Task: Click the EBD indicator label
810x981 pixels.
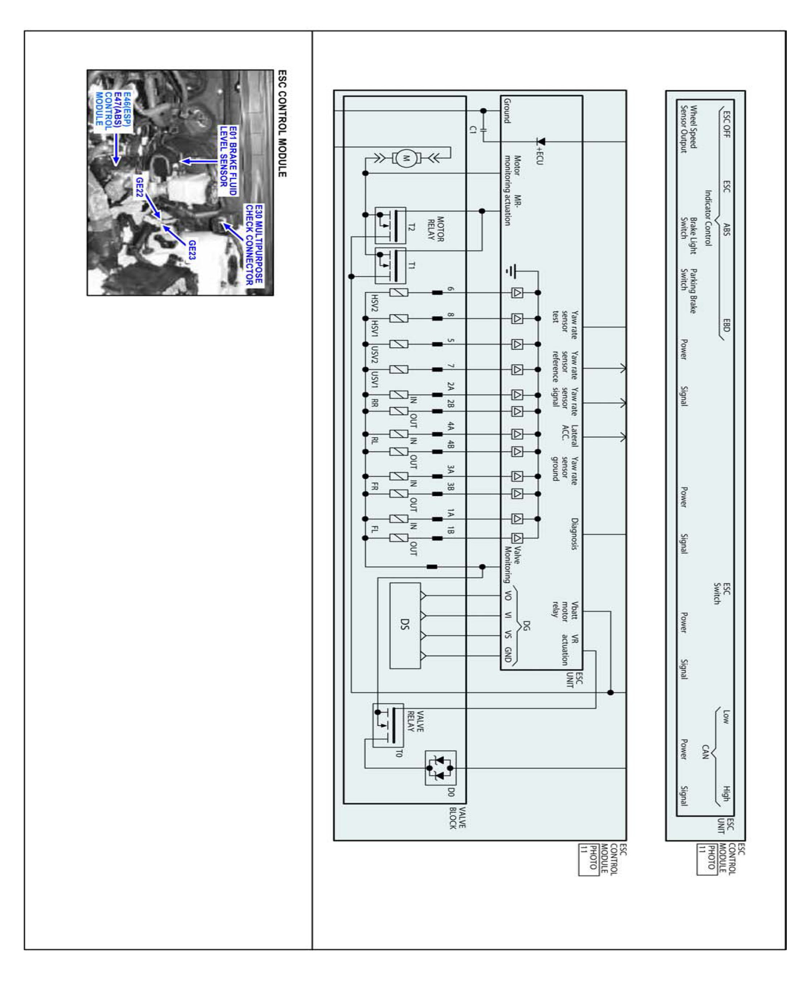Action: pos(725,325)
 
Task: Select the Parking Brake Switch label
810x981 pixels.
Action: pos(688,290)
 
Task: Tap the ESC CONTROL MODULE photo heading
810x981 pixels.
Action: pos(282,124)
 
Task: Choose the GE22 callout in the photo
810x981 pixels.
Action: pos(139,187)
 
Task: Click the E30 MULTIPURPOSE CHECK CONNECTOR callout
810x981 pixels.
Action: pos(254,245)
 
